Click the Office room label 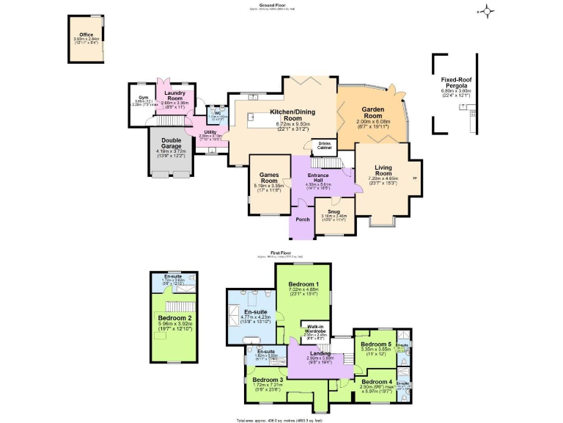[87, 35]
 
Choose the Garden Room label [372, 113]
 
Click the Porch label [302, 220]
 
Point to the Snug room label [334, 211]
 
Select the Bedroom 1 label [303, 284]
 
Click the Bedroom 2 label [174, 318]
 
